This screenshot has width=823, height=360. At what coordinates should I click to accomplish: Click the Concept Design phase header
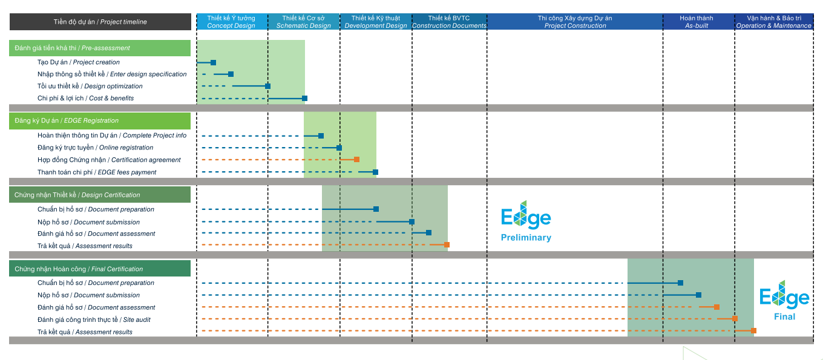tap(232, 22)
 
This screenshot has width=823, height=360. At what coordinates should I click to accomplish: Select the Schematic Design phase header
tap(304, 22)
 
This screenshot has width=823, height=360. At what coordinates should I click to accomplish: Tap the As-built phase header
tap(697, 22)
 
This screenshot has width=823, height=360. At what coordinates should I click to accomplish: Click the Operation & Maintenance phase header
tap(773, 22)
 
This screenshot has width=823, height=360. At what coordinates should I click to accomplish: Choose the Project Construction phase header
tap(575, 22)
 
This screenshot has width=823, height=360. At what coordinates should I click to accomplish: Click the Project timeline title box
tap(100, 22)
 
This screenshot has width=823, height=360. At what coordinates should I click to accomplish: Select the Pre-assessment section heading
tap(100, 48)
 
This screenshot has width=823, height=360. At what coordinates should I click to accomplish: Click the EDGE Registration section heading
tap(100, 120)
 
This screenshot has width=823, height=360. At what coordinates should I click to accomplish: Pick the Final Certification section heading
tap(100, 269)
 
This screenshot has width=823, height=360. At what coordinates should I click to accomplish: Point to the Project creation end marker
tap(213, 62)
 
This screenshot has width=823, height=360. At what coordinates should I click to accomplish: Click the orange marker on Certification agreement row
tap(356, 160)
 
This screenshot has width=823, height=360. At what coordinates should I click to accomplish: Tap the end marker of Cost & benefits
tap(304, 98)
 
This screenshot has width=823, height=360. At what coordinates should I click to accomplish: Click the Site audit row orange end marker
tap(735, 318)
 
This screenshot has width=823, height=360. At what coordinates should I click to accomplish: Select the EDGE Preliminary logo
tap(526, 221)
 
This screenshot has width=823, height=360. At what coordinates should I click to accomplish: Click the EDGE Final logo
tap(784, 300)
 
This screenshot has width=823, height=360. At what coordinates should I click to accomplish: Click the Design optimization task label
tap(90, 86)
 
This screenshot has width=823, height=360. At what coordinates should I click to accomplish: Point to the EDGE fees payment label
tap(97, 172)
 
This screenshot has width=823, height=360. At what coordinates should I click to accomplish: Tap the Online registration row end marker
tap(339, 148)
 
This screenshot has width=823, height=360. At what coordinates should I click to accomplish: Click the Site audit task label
tap(94, 319)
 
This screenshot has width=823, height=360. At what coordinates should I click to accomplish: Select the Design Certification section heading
tap(100, 195)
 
